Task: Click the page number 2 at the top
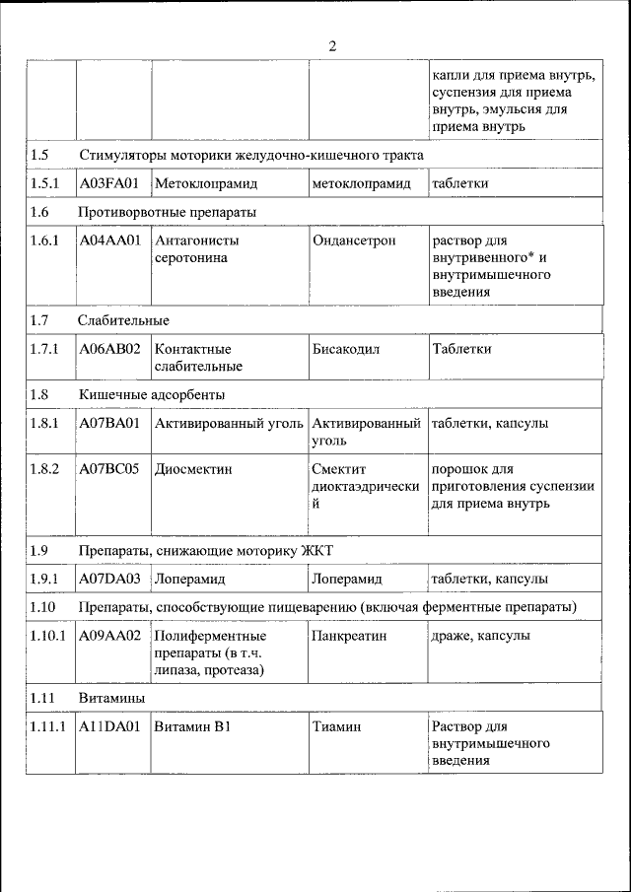[332, 46]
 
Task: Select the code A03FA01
[108, 183]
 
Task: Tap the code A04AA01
[108, 240]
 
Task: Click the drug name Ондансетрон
[352, 240]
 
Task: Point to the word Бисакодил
[346, 349]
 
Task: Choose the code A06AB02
[109, 349]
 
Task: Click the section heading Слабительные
[124, 320]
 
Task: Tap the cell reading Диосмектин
[193, 469]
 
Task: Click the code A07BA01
[109, 423]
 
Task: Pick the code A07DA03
[109, 579]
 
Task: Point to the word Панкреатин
[349, 636]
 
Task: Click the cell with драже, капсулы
[480, 636]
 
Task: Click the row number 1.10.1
[47, 636]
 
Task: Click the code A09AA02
[109, 636]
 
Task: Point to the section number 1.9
[39, 550]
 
